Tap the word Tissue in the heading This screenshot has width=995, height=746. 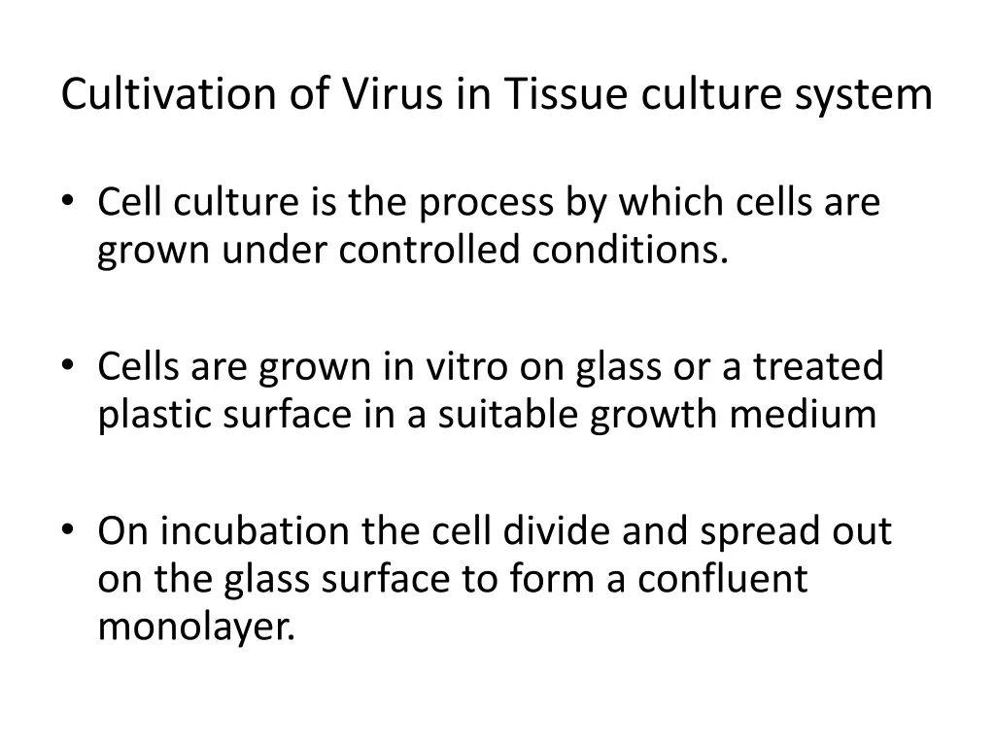coord(556,95)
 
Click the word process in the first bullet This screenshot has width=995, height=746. coord(488,205)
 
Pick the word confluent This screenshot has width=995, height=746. coord(722,579)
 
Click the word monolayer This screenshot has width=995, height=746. coord(195,628)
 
